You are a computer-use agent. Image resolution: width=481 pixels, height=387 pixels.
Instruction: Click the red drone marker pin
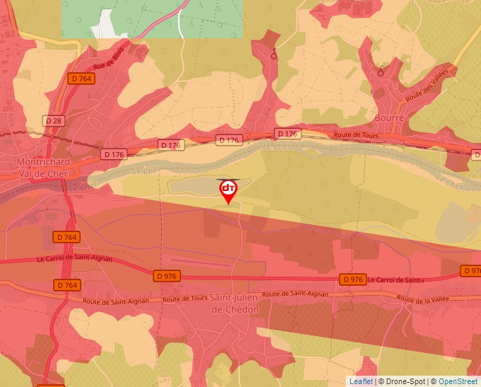[228, 190]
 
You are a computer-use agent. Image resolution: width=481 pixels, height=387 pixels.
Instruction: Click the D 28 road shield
[53, 121]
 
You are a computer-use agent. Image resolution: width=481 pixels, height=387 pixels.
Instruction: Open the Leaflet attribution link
[361, 381]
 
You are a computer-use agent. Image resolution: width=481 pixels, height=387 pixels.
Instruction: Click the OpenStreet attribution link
[458, 381]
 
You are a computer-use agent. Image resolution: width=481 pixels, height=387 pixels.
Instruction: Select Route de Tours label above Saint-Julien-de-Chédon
[185, 299]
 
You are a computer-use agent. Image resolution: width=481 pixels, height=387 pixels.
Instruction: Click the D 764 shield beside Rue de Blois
[81, 79]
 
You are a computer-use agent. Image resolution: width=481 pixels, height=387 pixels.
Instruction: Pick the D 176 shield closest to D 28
[113, 154]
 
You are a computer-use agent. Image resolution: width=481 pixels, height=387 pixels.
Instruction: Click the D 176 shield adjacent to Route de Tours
[288, 133]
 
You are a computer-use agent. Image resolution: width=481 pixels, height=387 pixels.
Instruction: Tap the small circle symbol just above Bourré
[381, 72]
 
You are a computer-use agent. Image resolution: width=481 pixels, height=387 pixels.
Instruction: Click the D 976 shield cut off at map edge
[472, 270]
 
